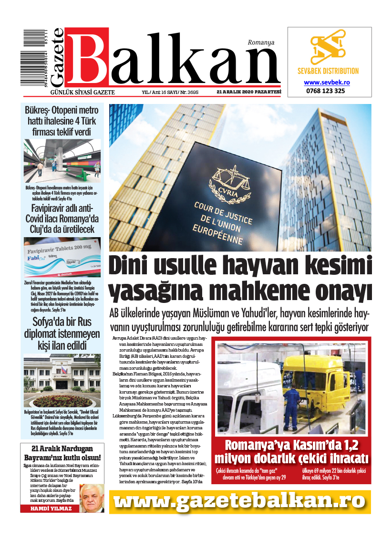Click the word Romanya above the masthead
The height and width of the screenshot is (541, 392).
261,42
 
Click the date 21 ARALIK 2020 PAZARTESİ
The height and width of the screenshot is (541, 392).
248,92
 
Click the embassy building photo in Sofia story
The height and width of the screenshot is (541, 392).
62,380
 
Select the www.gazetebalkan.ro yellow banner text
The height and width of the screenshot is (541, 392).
240,501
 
